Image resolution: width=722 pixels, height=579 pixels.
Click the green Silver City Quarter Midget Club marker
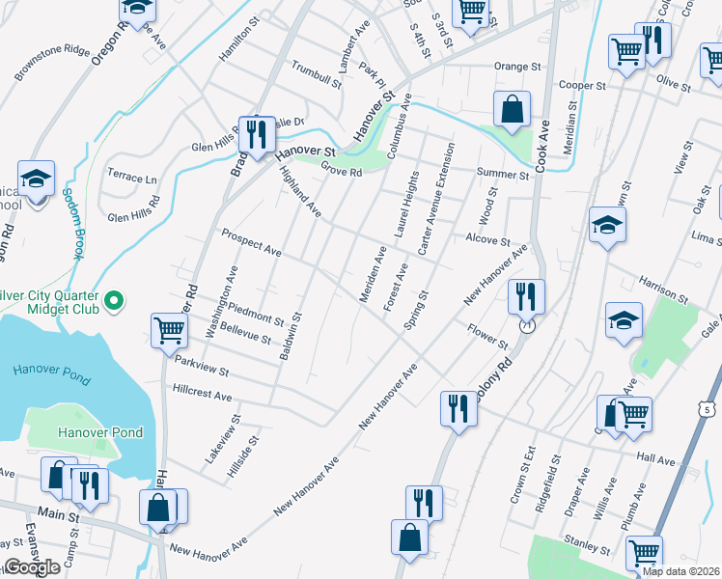(114, 301)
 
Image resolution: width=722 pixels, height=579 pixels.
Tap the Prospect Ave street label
(251, 242)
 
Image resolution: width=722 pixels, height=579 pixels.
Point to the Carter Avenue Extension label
(436, 200)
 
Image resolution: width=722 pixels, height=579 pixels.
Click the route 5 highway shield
(709, 410)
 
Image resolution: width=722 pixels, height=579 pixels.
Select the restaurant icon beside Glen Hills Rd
(255, 133)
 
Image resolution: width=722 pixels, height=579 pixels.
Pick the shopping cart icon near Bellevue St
(170, 330)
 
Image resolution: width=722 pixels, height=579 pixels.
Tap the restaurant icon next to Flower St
(526, 295)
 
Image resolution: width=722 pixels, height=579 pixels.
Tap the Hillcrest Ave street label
(203, 396)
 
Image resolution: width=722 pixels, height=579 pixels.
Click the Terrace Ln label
(132, 179)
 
